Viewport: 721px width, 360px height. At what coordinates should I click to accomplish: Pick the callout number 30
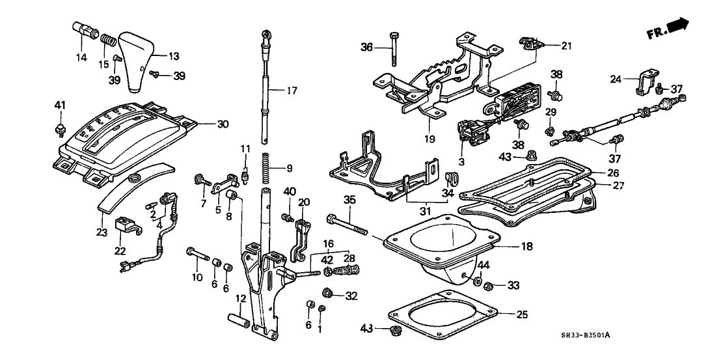coord(206,122)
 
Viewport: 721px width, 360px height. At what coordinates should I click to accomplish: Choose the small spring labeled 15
coord(109,48)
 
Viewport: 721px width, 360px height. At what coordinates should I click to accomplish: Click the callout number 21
coord(566,45)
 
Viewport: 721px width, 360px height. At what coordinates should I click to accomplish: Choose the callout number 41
coord(60,105)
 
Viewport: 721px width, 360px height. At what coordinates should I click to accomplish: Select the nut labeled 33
coord(493,284)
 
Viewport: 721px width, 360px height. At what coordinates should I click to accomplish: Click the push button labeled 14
coord(83,30)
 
